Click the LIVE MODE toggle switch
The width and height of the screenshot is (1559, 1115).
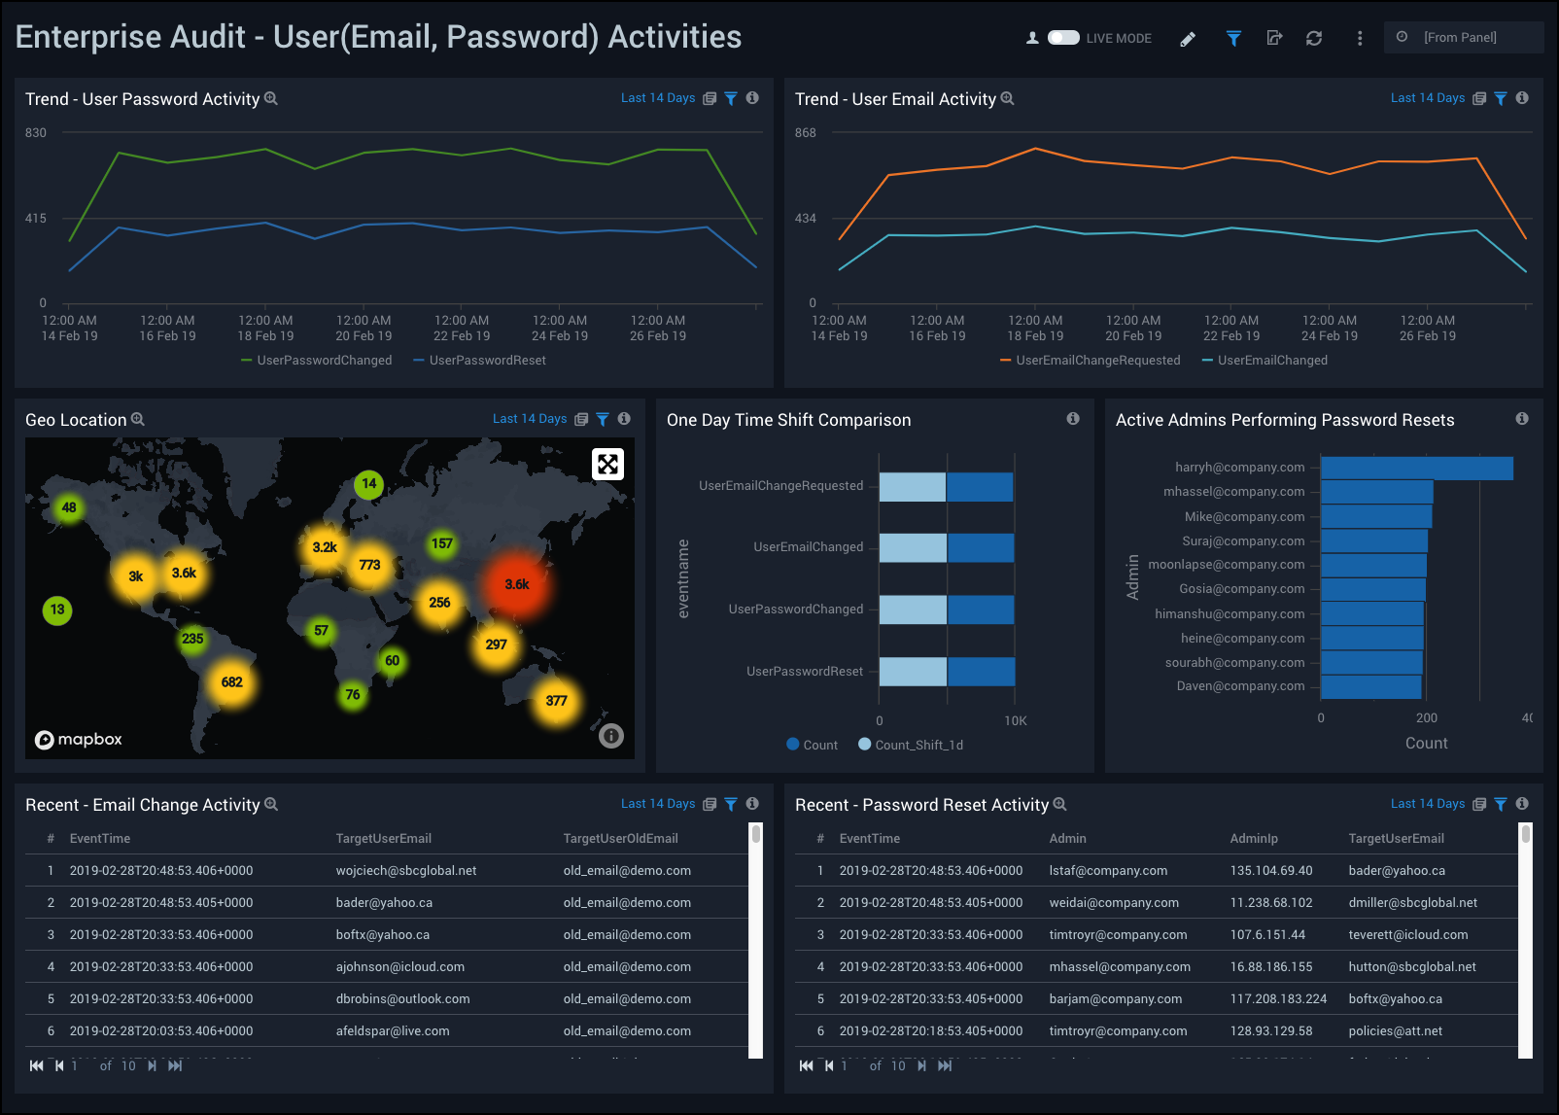(x=1063, y=38)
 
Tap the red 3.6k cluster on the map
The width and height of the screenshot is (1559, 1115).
(x=516, y=584)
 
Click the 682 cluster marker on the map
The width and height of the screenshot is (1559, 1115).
(x=231, y=682)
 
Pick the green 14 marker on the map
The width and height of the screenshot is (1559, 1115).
(x=368, y=483)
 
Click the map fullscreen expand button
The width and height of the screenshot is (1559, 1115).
(x=607, y=464)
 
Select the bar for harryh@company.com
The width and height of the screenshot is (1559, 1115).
(x=1416, y=468)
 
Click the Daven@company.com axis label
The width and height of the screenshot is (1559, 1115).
(x=1240, y=686)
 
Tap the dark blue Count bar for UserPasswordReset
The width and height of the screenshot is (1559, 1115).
(x=981, y=672)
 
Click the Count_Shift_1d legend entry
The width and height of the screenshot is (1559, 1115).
(x=918, y=746)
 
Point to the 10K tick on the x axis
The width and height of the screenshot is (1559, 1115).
(x=1016, y=721)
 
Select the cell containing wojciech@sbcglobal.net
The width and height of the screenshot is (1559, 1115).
(x=406, y=871)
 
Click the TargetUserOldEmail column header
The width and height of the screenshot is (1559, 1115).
(x=620, y=839)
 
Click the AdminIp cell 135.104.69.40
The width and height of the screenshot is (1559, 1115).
(x=1270, y=871)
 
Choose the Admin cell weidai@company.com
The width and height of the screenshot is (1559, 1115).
(x=1114, y=903)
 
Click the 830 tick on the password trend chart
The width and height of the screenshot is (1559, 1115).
(x=36, y=133)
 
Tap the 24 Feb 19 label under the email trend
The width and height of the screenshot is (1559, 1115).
(x=1329, y=336)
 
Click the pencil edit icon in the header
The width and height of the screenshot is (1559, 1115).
(x=1188, y=39)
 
